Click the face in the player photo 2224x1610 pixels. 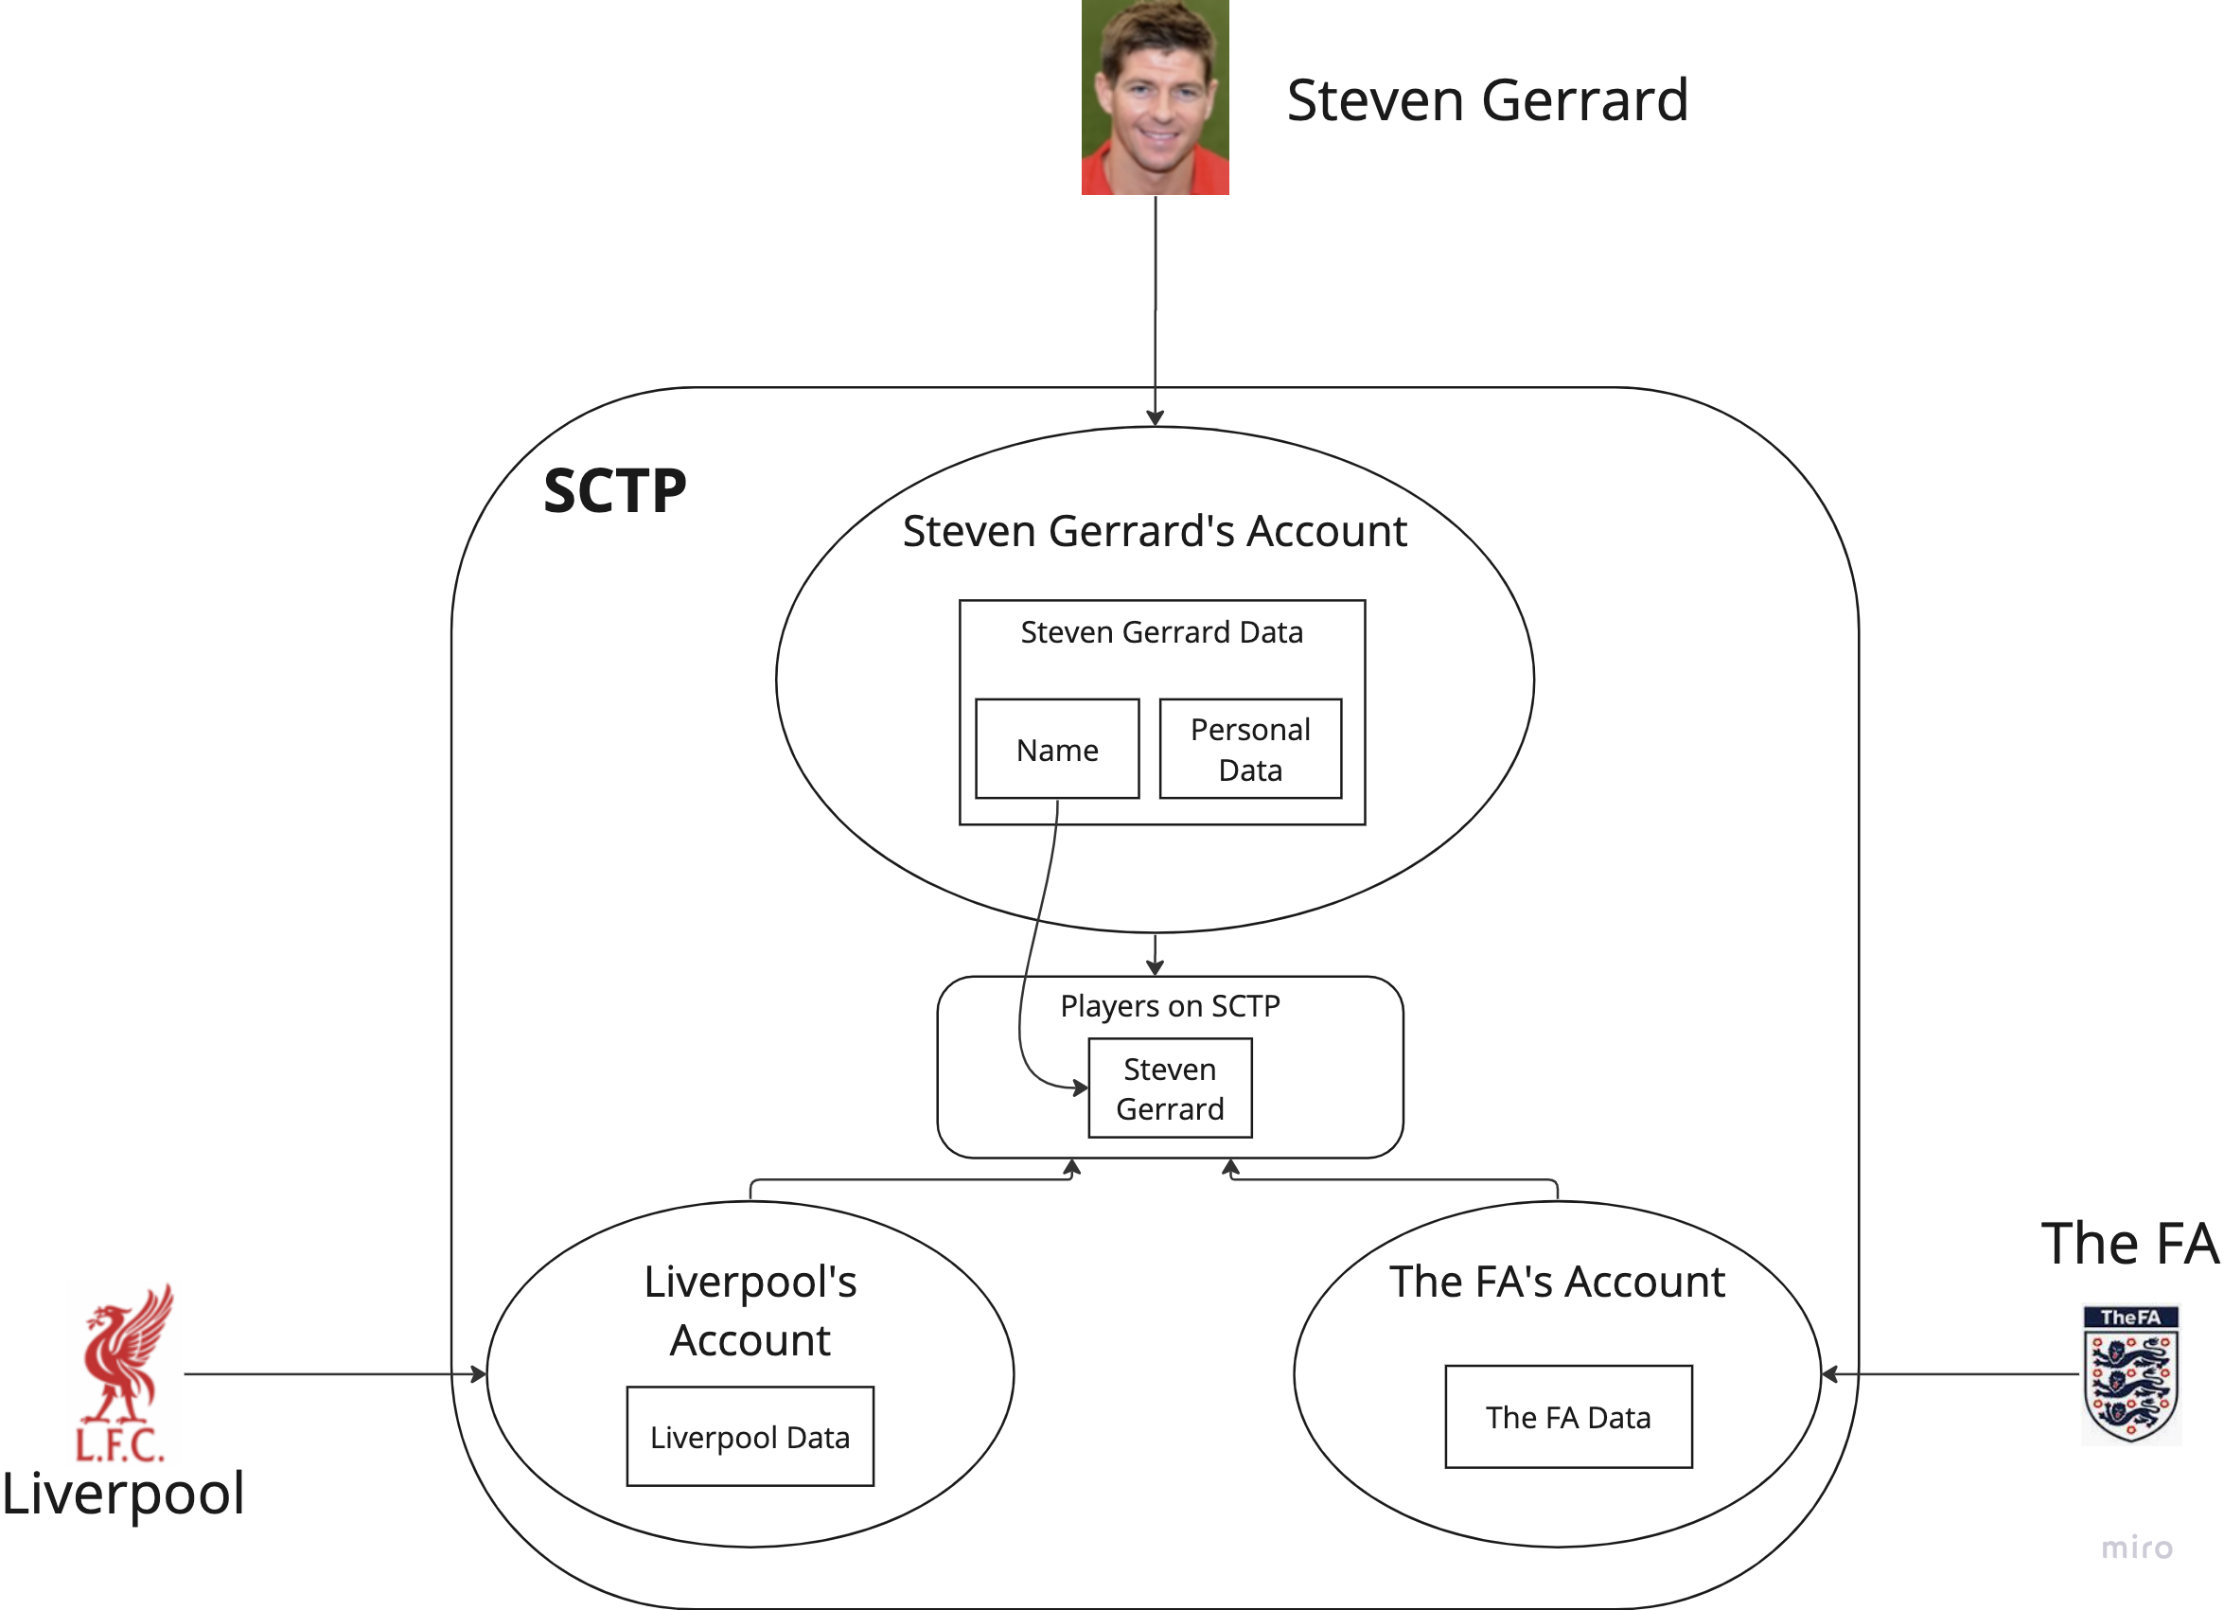[1158, 98]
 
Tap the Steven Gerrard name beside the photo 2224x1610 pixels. [1491, 101]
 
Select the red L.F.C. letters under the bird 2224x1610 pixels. [120, 1445]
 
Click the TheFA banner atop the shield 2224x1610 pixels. [2130, 1317]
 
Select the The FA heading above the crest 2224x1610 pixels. [2127, 1247]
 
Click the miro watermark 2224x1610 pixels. [2137, 1548]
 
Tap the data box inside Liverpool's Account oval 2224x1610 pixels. [751, 1452]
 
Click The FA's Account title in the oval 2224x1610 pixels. [1565, 1283]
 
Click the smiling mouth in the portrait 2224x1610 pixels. [1158, 133]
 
